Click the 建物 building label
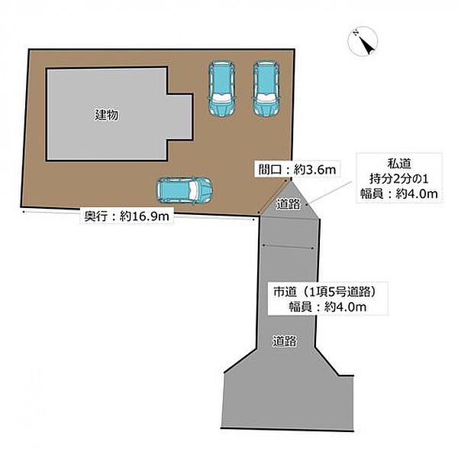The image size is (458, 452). (x=107, y=115)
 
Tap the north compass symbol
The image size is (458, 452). (x=363, y=41)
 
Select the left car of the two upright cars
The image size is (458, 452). (x=222, y=89)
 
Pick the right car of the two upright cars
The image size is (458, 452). (x=266, y=89)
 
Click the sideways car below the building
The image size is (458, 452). (x=184, y=190)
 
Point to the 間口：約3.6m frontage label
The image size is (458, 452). (x=297, y=169)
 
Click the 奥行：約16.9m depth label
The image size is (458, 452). (x=127, y=216)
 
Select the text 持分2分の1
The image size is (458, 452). (x=398, y=178)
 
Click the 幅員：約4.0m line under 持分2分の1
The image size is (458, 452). (x=398, y=193)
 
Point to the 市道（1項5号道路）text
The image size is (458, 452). (x=324, y=291)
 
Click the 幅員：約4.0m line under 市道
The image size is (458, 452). (x=327, y=307)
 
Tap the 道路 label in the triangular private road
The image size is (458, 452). (x=289, y=204)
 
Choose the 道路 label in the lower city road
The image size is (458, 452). (x=285, y=341)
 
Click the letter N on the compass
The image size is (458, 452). (x=356, y=33)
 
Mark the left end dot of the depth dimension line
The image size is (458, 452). (x=24, y=210)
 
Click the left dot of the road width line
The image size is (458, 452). (x=264, y=245)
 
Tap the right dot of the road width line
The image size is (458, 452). (x=312, y=249)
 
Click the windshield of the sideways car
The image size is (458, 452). (x=194, y=190)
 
